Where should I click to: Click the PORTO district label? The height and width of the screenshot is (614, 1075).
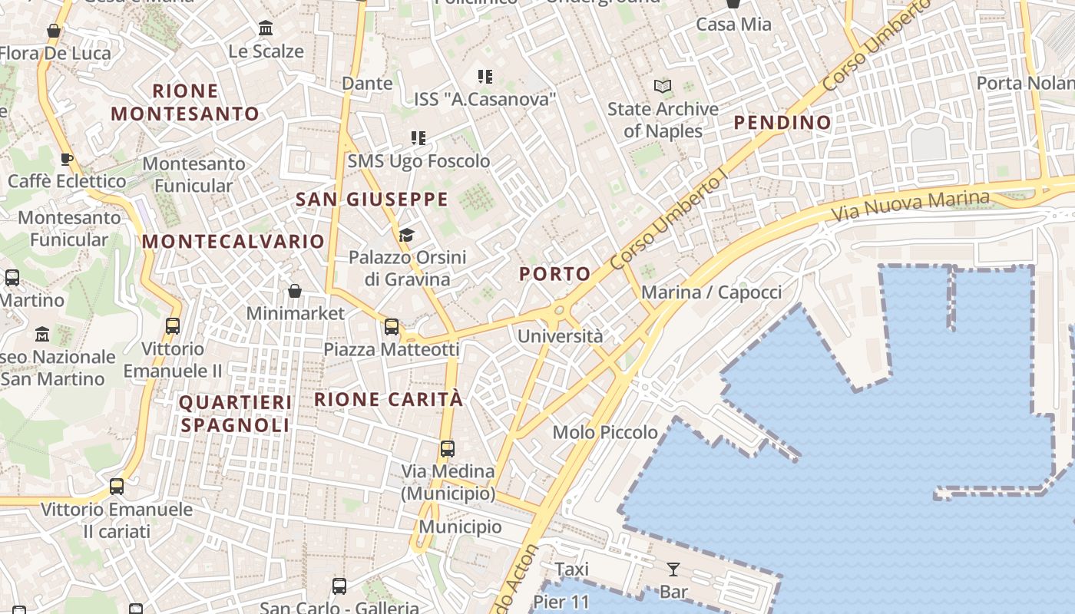pos(554,274)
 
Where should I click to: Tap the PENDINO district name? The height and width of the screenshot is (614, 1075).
pos(782,122)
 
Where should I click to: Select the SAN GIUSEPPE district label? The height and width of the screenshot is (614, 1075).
pos(372,200)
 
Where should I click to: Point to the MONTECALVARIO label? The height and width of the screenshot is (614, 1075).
pos(233,242)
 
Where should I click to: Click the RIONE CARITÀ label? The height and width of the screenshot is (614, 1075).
pos(389,399)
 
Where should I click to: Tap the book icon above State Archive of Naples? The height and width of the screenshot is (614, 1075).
pos(662,87)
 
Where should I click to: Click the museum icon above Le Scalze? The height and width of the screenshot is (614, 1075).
pos(266,28)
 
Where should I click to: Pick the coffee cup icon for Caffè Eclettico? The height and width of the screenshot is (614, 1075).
pos(66,159)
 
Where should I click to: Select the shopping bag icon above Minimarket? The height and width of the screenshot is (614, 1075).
pos(295,291)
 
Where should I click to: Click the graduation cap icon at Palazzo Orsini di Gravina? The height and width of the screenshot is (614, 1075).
pos(406,235)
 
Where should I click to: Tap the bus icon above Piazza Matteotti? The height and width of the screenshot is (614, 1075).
pos(392,327)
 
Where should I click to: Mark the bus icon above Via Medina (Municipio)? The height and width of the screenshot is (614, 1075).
pos(448,448)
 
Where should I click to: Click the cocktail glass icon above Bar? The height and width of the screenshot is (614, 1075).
pos(673,569)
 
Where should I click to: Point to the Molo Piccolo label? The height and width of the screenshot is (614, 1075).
pos(605,432)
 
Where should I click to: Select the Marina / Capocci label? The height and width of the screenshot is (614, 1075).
pos(711,292)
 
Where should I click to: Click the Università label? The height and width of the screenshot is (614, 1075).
pos(560,336)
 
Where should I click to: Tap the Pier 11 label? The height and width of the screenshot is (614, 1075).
pos(561,602)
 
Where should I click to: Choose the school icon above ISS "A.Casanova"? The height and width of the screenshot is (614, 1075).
pos(485,77)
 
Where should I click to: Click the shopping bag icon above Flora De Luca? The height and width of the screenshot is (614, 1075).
pos(54,31)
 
